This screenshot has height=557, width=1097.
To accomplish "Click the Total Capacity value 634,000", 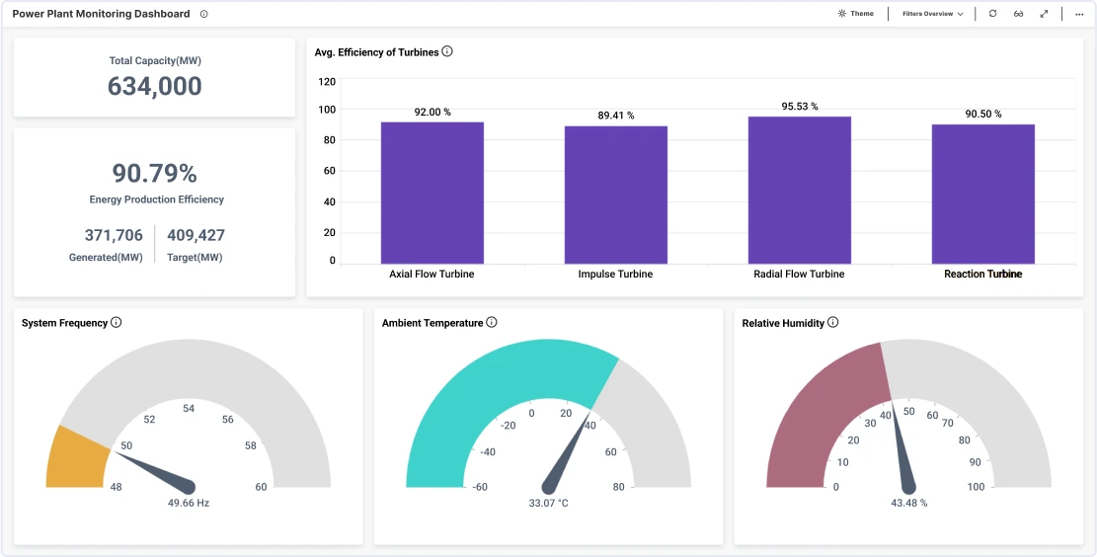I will click(154, 87).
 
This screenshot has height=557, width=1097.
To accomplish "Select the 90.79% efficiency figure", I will click(154, 174).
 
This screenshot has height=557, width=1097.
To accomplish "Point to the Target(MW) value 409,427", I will click(196, 235).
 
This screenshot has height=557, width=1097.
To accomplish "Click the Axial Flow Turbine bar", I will click(431, 193).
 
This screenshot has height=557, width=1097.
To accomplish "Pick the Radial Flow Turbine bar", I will click(799, 190).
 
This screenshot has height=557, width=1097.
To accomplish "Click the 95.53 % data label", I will click(799, 107).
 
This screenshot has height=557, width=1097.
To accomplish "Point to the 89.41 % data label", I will click(615, 116).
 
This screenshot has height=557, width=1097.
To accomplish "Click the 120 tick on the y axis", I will click(327, 82).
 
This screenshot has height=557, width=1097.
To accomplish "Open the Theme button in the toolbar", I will click(855, 14).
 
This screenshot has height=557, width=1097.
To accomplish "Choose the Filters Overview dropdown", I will click(932, 14).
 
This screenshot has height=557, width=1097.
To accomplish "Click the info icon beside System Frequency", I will click(117, 323).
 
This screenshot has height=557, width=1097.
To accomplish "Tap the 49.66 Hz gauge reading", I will click(188, 503).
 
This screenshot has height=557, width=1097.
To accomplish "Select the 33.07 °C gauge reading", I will click(548, 503).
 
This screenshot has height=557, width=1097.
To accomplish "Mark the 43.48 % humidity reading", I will click(908, 503).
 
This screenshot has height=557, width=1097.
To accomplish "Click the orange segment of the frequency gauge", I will click(78, 458).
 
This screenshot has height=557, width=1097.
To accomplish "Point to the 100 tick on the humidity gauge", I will click(976, 487).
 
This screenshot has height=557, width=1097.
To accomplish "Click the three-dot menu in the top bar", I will click(1079, 14).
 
